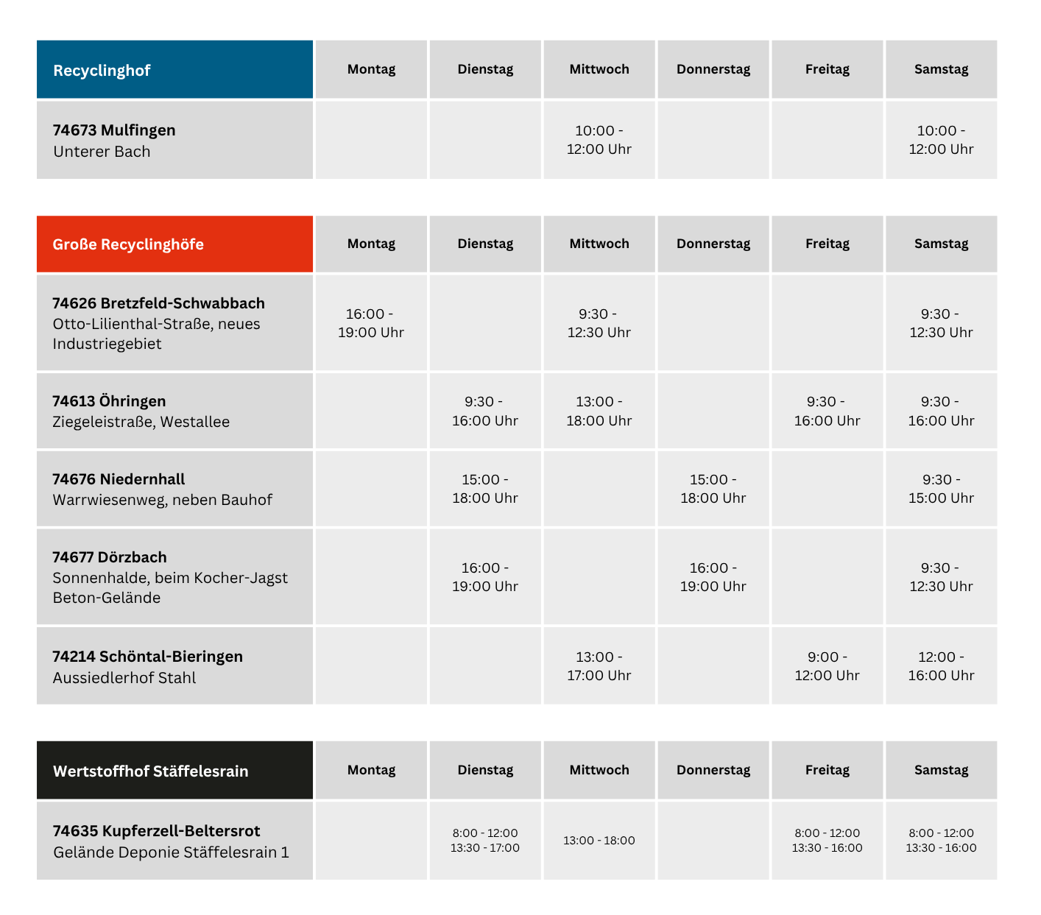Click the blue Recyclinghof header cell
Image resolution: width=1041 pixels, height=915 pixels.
tap(174, 69)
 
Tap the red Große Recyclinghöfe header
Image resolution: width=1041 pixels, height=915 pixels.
tap(174, 244)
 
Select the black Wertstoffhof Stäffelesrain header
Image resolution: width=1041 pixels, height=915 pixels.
tap(174, 770)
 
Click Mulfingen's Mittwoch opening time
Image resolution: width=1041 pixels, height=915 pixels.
tap(599, 140)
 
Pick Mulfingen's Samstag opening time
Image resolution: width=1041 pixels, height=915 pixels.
tap(942, 140)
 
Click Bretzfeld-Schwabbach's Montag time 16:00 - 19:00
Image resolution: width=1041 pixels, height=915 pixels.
tap(371, 323)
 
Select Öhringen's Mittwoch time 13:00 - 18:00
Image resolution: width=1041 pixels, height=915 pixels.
tap(599, 411)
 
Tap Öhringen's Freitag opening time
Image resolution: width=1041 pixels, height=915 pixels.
tap(827, 411)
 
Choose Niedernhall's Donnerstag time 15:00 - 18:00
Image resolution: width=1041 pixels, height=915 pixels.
tap(713, 489)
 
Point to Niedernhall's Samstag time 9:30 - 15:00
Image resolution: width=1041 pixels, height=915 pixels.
tap(942, 489)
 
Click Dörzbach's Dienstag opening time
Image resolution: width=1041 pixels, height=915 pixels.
tap(485, 577)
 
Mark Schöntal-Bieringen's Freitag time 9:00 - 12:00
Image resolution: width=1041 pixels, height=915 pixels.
tap(827, 666)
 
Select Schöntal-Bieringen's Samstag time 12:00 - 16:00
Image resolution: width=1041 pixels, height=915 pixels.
tap(942, 666)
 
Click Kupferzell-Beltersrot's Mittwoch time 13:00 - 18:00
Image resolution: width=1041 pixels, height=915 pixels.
tap(599, 840)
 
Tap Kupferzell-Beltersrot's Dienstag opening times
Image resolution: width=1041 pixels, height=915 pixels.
tap(485, 840)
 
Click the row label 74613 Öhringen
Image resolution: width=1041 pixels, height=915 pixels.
tap(109, 400)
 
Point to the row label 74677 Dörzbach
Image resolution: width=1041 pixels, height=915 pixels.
tap(110, 557)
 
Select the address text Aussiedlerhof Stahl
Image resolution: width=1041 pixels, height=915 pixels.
tap(124, 678)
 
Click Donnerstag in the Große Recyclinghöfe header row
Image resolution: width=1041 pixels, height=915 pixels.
tap(713, 244)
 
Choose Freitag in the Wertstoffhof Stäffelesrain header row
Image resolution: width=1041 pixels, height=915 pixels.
tap(827, 769)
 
